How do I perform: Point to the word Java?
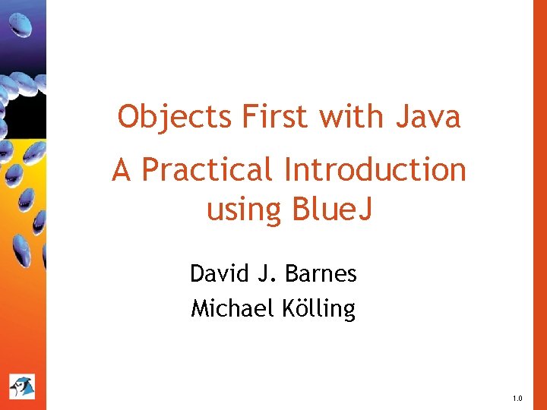coord(428,118)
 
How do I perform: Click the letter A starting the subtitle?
coord(122,170)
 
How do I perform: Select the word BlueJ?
coord(332,210)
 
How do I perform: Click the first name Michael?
coord(224,308)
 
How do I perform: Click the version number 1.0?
coord(517,398)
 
